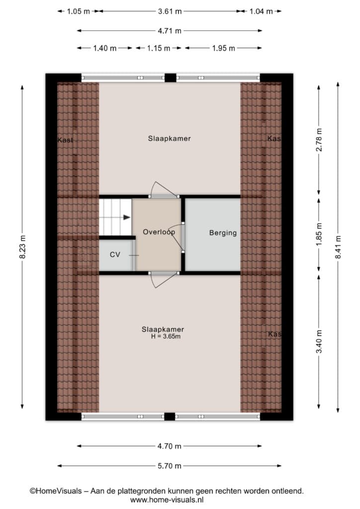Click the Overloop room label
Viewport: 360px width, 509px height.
point(159,232)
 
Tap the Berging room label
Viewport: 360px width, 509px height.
point(223,233)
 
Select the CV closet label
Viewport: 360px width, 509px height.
point(115,254)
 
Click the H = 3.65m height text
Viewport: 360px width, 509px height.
point(166,337)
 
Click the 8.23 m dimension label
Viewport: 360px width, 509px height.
point(22,247)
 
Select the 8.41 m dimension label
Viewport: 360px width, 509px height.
point(338,247)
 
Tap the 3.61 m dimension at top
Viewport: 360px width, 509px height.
point(170,11)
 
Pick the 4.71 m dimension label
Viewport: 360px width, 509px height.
point(170,31)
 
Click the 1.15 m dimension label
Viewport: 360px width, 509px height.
point(159,48)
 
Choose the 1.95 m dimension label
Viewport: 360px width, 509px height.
point(223,48)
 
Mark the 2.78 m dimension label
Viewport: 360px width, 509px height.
point(319,140)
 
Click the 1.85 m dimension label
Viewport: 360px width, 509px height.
point(319,235)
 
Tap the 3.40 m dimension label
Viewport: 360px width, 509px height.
point(319,341)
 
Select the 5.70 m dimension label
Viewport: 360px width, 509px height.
point(170,466)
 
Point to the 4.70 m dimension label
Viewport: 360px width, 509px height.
point(170,446)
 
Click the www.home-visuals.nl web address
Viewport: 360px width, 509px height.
point(167,500)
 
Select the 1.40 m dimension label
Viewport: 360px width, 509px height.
point(105,48)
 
